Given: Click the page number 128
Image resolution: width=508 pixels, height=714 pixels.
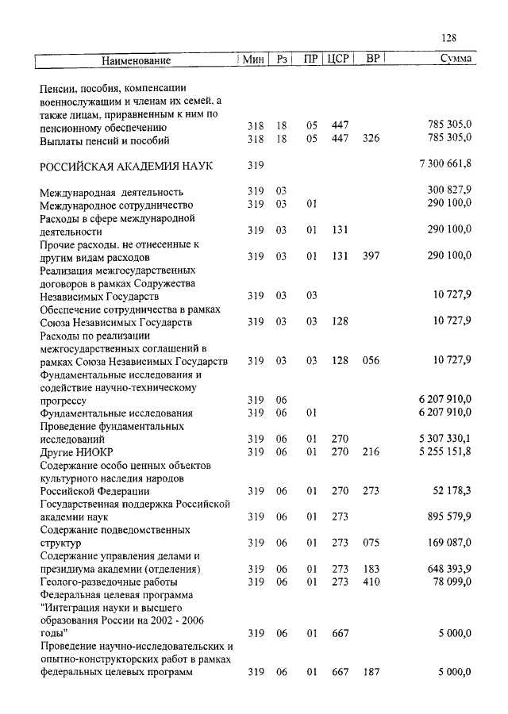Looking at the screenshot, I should coord(448,38).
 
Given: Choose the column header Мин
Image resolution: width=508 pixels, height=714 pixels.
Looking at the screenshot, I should coord(254,59).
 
